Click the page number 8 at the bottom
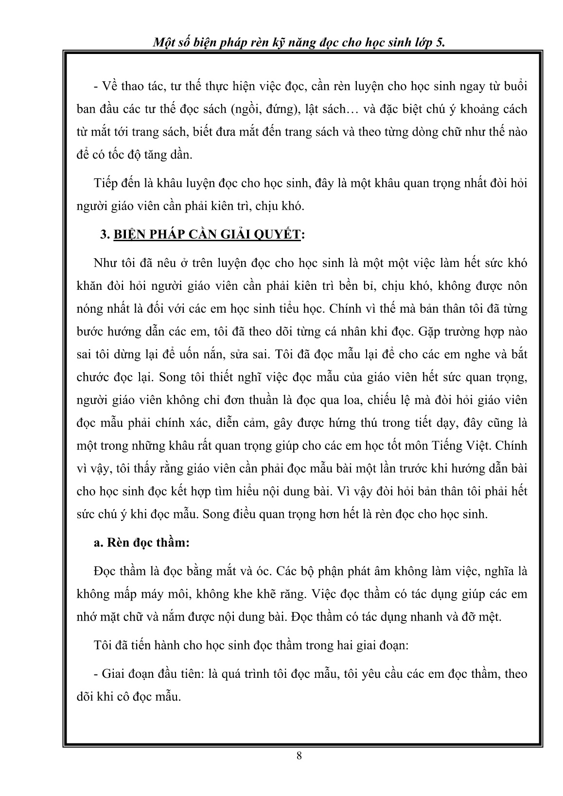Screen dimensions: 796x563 (299, 755)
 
